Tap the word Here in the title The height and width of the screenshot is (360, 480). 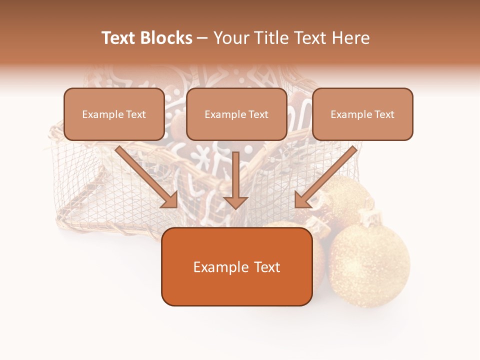tap(351, 38)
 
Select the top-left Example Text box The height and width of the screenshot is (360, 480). tap(114, 114)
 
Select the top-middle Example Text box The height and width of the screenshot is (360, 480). tap(236, 114)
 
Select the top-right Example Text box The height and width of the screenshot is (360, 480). tap(362, 114)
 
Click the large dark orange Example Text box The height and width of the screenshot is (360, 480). tap(236, 266)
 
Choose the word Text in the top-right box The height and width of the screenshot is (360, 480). tap(384, 114)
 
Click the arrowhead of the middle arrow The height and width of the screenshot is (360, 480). tap(236, 202)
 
